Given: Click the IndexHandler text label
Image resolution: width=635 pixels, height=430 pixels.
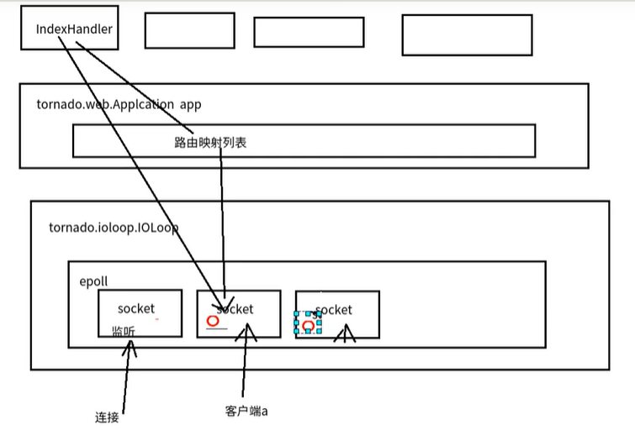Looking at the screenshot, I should tap(74, 29).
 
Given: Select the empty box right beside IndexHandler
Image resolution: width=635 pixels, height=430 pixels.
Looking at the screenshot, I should tap(189, 30).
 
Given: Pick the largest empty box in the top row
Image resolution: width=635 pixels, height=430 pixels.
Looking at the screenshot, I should tap(467, 34).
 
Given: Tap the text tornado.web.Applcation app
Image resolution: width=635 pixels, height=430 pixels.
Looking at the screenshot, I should tap(119, 105).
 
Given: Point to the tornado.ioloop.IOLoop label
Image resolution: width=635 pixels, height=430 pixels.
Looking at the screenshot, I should tap(114, 228).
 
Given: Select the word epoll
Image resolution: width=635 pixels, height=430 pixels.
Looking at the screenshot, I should tap(93, 281).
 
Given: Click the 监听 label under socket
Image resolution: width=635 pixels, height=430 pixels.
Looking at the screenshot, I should tap(123, 331).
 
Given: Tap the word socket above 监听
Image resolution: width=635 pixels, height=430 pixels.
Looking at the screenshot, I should tap(136, 309).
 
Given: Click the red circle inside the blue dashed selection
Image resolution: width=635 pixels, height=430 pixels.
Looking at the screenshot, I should tap(309, 325).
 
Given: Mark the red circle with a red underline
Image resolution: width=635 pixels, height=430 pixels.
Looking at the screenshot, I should tap(214, 321).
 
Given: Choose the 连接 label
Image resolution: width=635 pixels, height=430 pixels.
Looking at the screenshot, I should tap(108, 417).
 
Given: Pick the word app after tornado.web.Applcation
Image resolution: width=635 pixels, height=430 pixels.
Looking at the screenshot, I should tap(190, 105).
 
